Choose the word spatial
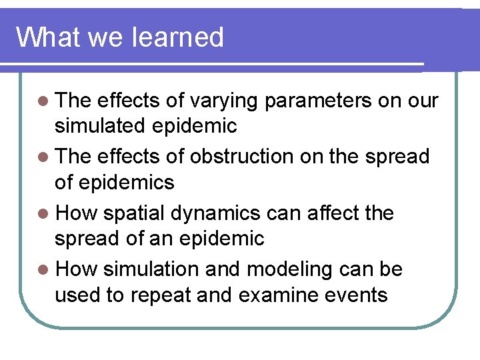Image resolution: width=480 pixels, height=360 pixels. [x=135, y=214]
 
